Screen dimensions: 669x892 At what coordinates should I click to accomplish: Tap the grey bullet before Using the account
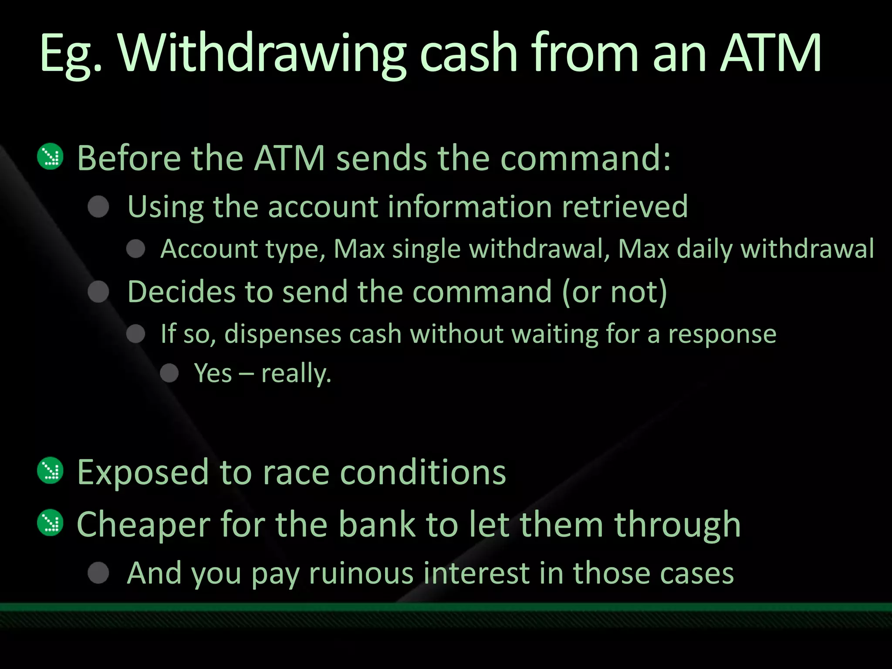(98, 206)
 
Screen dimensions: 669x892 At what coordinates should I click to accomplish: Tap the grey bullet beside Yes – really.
(169, 373)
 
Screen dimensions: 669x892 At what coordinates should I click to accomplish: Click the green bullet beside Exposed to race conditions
(51, 470)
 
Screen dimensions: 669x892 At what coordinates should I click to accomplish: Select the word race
(296, 472)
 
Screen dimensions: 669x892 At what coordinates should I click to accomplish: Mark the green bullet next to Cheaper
(51, 523)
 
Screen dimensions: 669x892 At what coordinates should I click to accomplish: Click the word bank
(377, 524)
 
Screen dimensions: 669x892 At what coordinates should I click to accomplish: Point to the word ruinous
(361, 573)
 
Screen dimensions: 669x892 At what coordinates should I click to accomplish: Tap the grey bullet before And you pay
(98, 572)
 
